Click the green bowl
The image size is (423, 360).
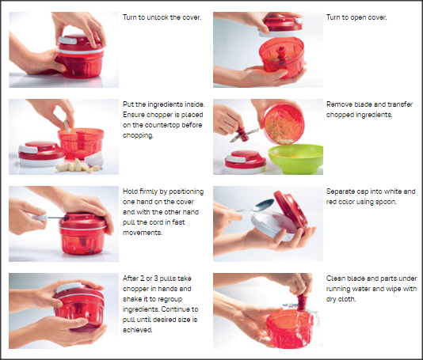coord(296,159)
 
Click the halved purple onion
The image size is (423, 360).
coord(94,159)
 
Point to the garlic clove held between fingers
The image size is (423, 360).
coord(67,126)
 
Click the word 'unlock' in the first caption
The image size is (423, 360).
coord(158,17)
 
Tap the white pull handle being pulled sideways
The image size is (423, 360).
coord(40,218)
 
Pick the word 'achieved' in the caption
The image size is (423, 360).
coord(137,330)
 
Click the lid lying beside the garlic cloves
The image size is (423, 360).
coord(41,153)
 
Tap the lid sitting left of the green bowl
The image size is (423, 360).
coord(246,161)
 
